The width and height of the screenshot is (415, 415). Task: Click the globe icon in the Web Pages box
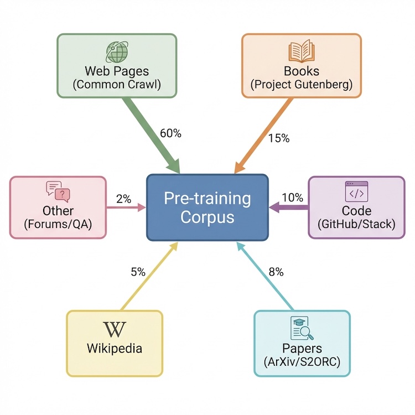click(x=116, y=51)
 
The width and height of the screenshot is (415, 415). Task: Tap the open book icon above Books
click(x=301, y=51)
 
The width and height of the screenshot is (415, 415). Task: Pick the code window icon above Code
click(x=356, y=191)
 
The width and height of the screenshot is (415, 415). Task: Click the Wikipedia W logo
click(x=115, y=329)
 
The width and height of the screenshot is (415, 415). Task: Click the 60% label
click(x=170, y=133)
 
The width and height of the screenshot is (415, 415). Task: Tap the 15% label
click(x=278, y=138)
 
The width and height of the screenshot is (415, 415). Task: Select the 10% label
click(x=292, y=197)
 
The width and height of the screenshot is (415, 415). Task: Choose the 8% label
click(x=276, y=272)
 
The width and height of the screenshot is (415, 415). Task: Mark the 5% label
click(x=138, y=272)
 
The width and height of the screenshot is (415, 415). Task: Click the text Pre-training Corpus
click(x=207, y=207)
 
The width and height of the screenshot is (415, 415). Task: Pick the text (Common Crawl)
click(x=116, y=85)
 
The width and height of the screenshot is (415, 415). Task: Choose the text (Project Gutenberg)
click(x=301, y=85)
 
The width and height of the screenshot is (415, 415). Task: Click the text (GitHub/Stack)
click(x=356, y=224)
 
